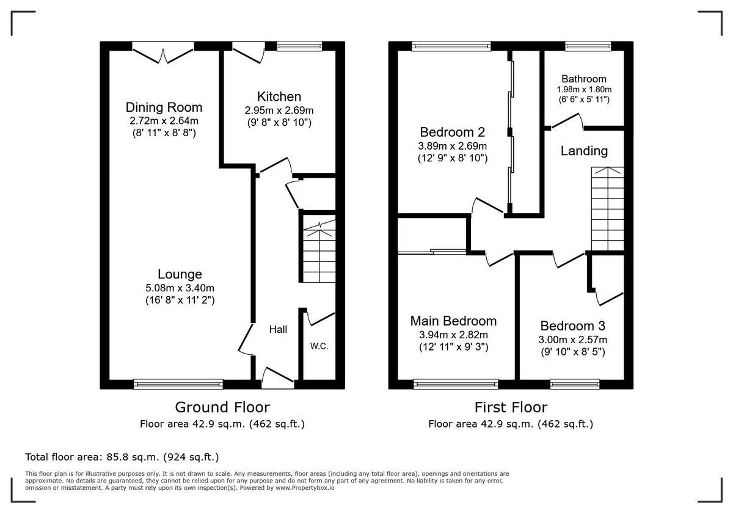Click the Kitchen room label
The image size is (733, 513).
(x=279, y=96)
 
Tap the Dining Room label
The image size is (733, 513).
(x=164, y=107)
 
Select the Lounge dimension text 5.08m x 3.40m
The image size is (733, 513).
(x=180, y=288)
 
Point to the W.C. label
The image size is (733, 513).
(x=319, y=346)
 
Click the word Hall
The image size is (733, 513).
(x=278, y=329)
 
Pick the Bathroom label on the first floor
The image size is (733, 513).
(x=584, y=79)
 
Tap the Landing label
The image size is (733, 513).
(x=584, y=151)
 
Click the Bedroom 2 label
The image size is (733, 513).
(x=452, y=132)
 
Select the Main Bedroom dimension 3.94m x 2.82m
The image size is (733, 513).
(x=453, y=335)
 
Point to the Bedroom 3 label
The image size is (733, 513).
(x=573, y=326)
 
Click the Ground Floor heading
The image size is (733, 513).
(x=222, y=407)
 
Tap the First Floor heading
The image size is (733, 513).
(x=511, y=407)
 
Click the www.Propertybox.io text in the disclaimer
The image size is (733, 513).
(x=305, y=488)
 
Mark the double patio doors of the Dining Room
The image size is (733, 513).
(x=163, y=53)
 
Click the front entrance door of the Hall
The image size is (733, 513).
(x=277, y=378)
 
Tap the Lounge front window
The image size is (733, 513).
(x=178, y=384)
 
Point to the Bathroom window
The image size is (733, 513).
(x=588, y=46)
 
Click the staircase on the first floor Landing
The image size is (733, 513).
(x=607, y=209)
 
